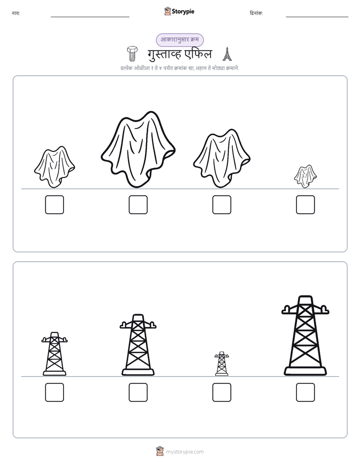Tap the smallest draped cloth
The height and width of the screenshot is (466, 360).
[306, 176]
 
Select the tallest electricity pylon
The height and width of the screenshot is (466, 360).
[306, 335]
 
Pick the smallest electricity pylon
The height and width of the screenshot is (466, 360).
[221, 364]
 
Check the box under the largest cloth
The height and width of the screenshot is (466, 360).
[138, 205]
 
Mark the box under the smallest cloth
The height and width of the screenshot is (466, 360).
[306, 205]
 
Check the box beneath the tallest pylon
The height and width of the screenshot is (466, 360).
[306, 392]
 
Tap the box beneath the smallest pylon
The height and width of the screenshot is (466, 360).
[222, 392]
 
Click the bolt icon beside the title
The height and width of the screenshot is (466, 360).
[132, 53]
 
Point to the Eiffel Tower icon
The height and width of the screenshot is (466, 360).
[227, 54]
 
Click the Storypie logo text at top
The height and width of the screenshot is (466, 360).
[183, 12]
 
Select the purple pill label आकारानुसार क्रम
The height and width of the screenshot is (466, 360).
[179, 40]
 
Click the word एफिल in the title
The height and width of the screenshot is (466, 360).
[198, 54]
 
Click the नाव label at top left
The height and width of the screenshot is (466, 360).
[16, 13]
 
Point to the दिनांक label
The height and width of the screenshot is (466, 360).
[256, 13]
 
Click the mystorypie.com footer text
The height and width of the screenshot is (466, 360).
[185, 452]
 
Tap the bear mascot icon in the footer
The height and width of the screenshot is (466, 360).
[160, 451]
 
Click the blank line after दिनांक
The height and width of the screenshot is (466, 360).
[317, 17]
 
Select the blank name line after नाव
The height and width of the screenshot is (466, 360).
[90, 17]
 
